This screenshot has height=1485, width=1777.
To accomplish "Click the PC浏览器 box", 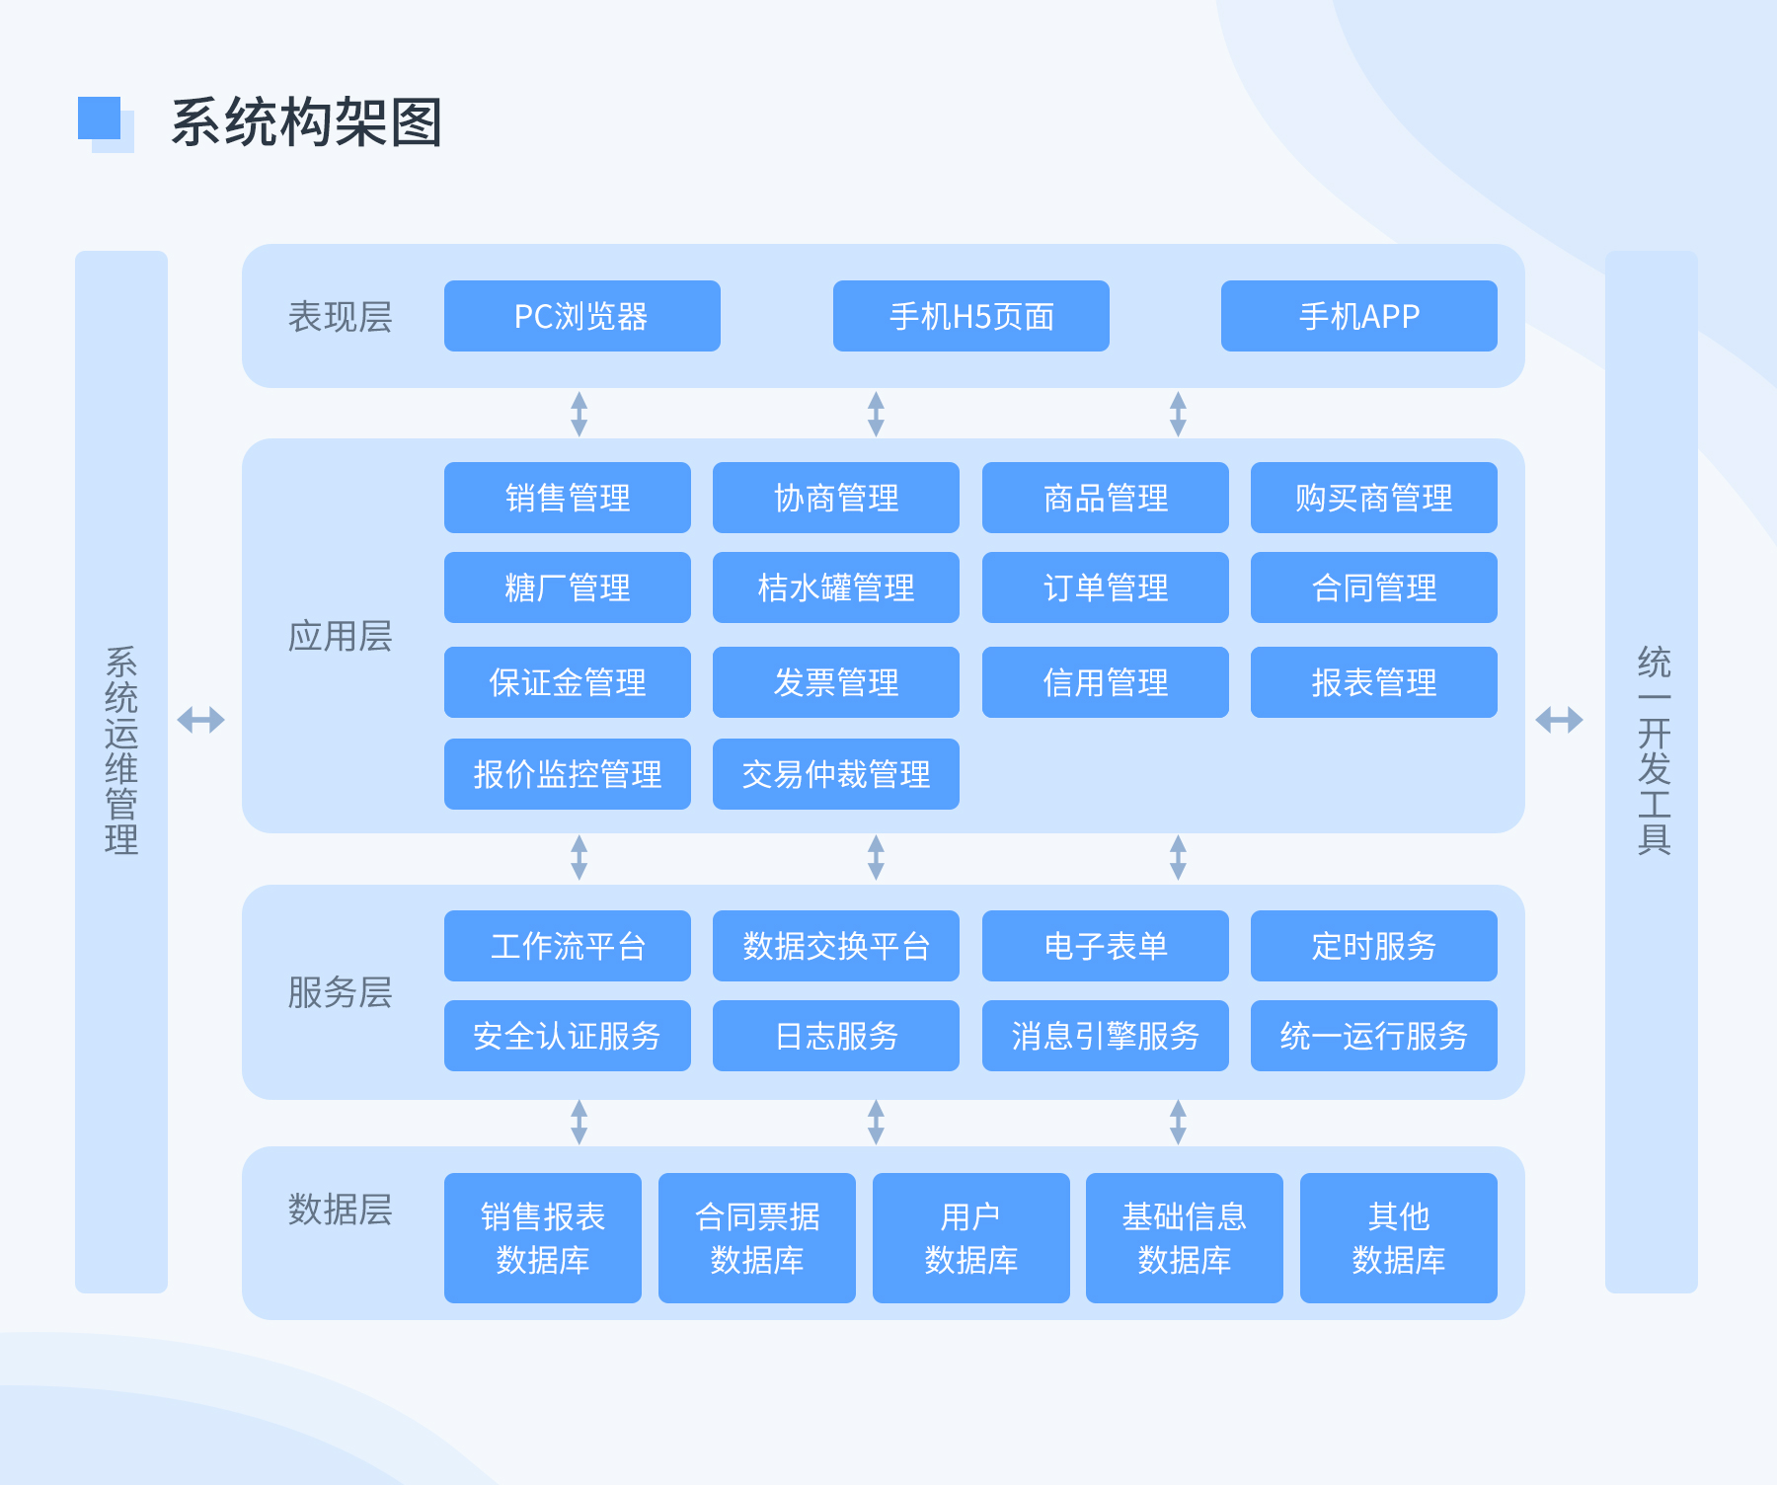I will pos(581,316).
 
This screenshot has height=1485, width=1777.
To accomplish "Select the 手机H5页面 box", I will pos(970,316).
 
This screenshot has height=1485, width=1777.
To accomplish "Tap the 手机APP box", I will pos(1358,316).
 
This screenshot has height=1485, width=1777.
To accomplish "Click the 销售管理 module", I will pos(567,498).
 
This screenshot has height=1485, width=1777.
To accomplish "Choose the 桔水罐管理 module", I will pos(835,587).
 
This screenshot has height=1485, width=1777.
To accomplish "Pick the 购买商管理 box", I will pos(1373,498).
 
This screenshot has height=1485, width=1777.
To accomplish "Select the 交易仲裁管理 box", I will pos(835,774).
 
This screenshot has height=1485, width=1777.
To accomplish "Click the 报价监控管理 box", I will pos(567,774).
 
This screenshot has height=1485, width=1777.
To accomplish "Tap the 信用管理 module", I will pos(1105,682).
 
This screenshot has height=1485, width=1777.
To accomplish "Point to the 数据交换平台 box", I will pos(835,946).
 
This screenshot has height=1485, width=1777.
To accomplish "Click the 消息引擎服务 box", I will pos(1105,1036).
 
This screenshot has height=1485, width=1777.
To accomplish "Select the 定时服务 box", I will pos(1373,946).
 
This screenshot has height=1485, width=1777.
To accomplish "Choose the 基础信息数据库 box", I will pos(1184,1238).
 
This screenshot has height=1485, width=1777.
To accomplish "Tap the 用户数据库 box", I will pos(970,1238).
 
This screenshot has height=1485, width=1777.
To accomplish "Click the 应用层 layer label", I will pos(340,637).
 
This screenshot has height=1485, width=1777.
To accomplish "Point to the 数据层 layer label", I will pos(340,1210).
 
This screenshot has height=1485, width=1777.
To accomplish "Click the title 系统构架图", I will pos(306,122).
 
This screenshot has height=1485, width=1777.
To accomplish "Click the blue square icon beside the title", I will pos(101,120).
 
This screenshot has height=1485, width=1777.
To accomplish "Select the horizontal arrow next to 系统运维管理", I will pos(200,720).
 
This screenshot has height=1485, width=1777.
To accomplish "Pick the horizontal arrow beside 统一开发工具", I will pos(1559,720).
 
